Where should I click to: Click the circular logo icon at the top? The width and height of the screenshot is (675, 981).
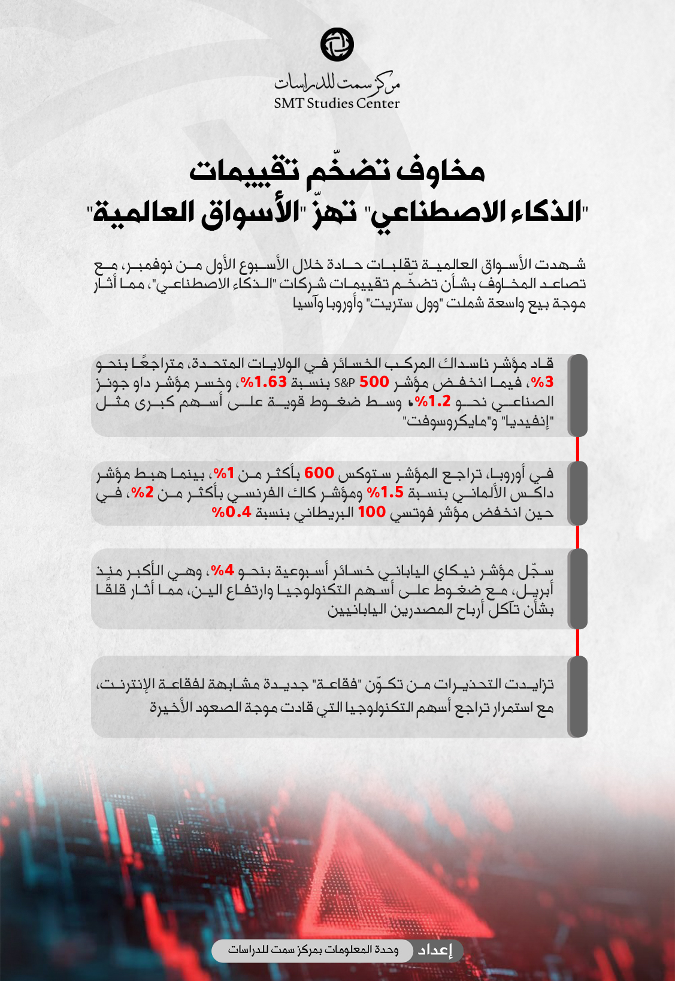click(337, 44)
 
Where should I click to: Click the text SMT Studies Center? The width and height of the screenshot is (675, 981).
click(337, 103)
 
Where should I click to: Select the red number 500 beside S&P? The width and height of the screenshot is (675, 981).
click(374, 382)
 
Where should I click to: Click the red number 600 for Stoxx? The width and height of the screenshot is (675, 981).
click(320, 473)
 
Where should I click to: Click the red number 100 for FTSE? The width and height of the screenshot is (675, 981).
click(372, 513)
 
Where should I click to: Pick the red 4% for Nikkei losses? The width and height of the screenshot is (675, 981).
click(221, 571)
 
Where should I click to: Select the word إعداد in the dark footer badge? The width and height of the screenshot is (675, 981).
click(435, 950)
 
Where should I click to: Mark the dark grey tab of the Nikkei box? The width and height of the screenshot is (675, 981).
click(577, 588)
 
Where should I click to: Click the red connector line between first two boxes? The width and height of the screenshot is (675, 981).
click(577, 448)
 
